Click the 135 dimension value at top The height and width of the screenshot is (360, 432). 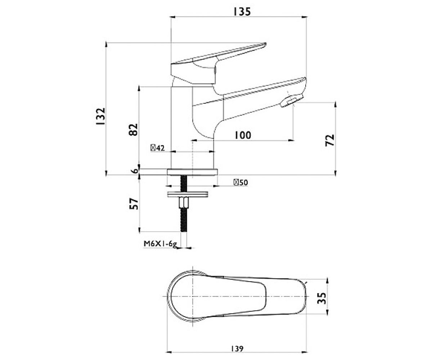[242, 12]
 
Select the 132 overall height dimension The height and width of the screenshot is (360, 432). [101, 116]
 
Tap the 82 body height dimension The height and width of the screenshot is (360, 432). [133, 130]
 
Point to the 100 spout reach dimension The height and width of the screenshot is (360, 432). [243, 135]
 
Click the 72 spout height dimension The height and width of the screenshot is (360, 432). [330, 140]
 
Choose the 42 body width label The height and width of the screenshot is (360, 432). [158, 148]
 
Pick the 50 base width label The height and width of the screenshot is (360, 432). [241, 183]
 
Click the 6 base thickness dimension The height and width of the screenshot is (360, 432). [135, 171]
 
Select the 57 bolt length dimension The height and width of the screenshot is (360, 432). [134, 204]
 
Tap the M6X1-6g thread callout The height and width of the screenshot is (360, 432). [160, 244]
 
